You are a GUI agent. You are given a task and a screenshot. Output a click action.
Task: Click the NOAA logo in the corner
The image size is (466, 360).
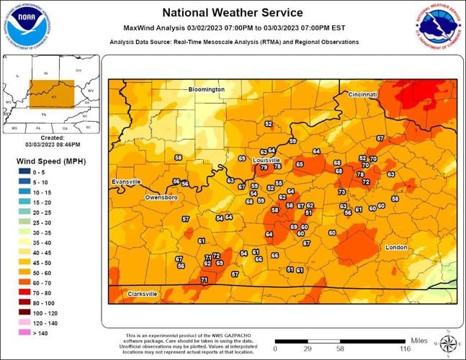pos(26,26)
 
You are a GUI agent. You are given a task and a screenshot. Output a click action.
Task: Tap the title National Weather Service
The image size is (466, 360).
pos(232,12)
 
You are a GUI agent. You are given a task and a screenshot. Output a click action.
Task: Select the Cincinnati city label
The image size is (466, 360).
pos(362,94)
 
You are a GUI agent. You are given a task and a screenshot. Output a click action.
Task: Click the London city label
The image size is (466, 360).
pos(396,247)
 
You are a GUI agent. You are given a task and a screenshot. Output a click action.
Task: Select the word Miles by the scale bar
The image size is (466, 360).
pos(419,339)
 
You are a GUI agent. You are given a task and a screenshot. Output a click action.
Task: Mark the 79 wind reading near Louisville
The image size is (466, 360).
pos(264,167)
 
